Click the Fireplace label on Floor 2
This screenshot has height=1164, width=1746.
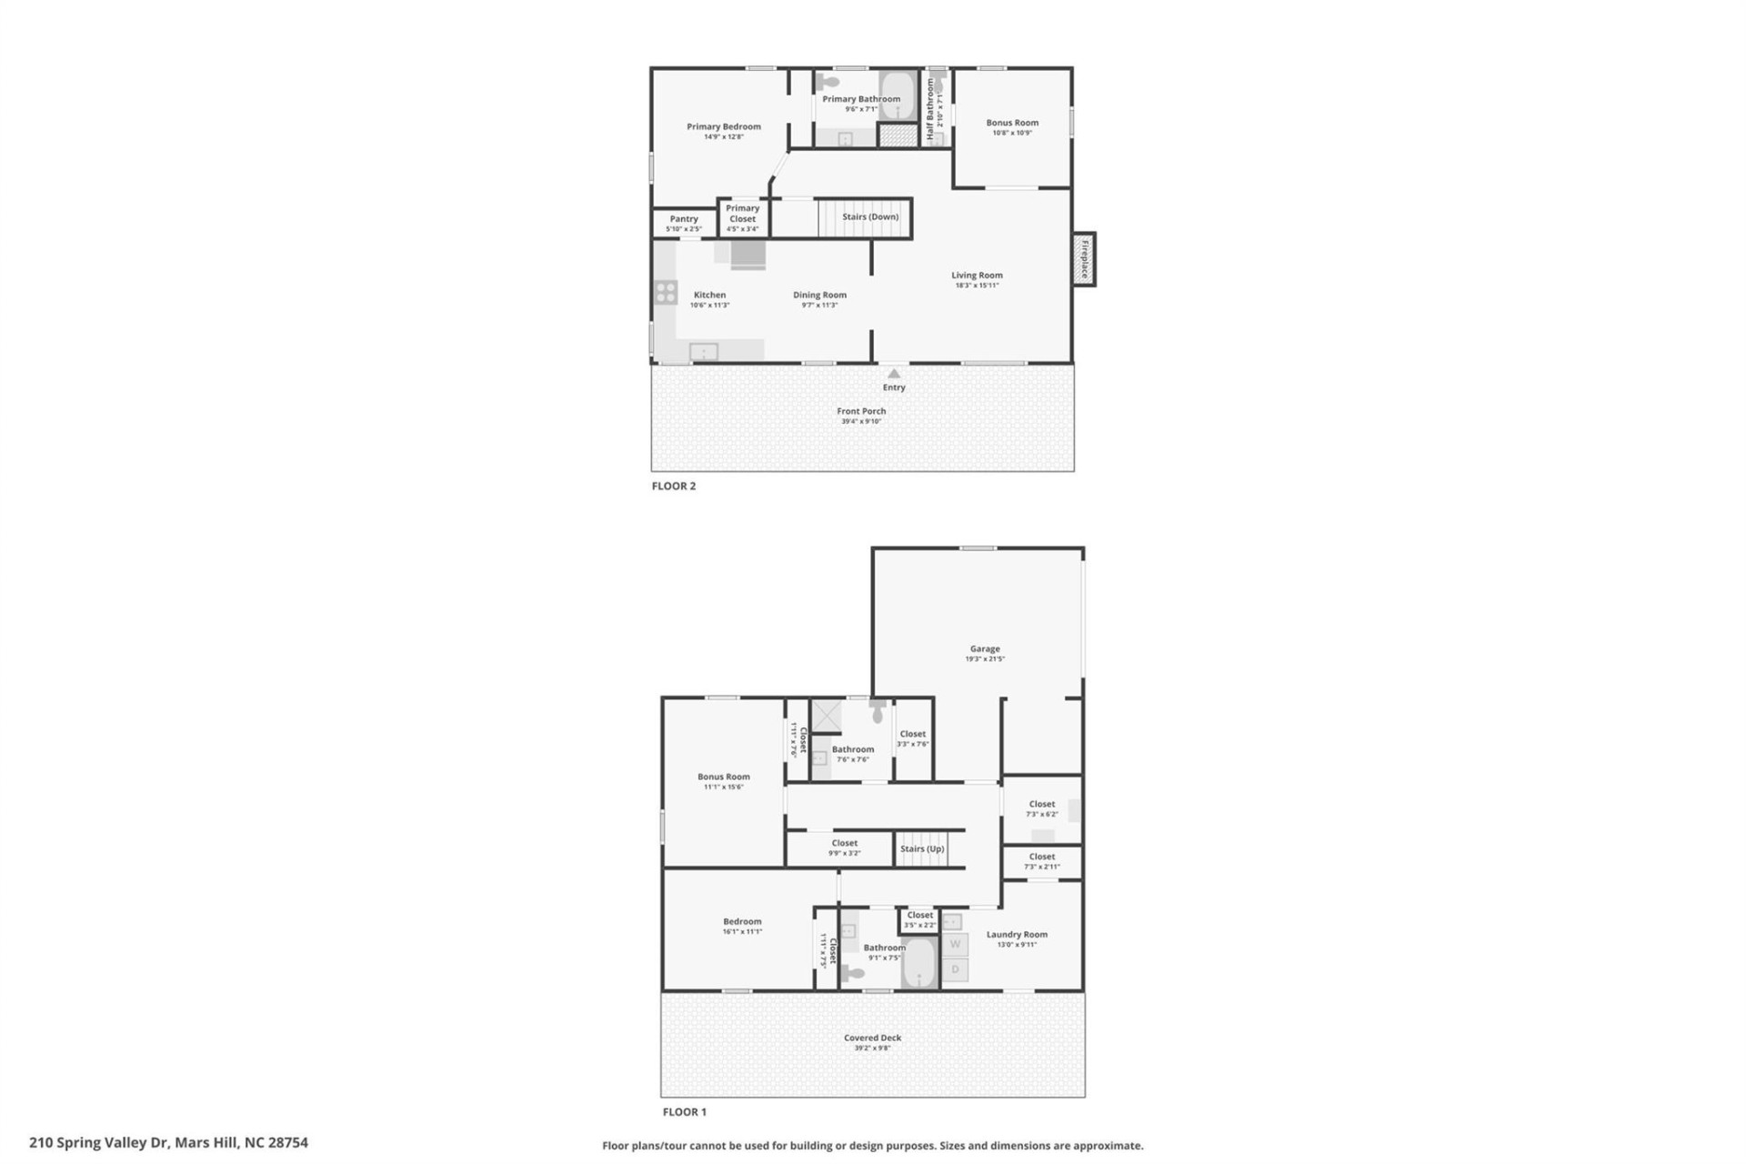pyautogui.click(x=1084, y=259)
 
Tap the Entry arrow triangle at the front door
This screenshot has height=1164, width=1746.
pyautogui.click(x=894, y=373)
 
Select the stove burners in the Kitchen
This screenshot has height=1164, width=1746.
pyautogui.click(x=667, y=292)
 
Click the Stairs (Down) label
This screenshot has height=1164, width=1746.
pyautogui.click(x=869, y=216)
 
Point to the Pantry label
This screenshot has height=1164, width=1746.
pyautogui.click(x=684, y=218)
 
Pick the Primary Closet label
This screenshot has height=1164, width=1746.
pyautogui.click(x=742, y=213)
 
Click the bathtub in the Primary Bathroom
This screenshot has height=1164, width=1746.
pyautogui.click(x=896, y=96)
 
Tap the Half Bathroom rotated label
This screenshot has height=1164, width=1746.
pyautogui.click(x=930, y=108)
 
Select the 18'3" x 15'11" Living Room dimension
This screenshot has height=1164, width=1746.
pyautogui.click(x=977, y=286)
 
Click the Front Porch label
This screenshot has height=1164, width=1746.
pyautogui.click(x=861, y=411)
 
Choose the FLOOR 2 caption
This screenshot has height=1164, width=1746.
pyautogui.click(x=673, y=486)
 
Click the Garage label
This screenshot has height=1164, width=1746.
pyautogui.click(x=985, y=648)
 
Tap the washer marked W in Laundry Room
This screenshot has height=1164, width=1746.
pyautogui.click(x=955, y=944)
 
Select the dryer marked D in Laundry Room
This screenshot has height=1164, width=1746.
pyautogui.click(x=955, y=969)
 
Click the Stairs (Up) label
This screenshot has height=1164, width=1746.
pyautogui.click(x=922, y=848)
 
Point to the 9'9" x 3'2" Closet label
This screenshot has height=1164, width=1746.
pyautogui.click(x=844, y=848)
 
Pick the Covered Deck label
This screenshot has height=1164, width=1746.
pyautogui.click(x=872, y=1038)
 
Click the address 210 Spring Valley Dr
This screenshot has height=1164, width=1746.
pyautogui.click(x=168, y=1142)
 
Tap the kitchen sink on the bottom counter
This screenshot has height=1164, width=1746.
pyautogui.click(x=703, y=351)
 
